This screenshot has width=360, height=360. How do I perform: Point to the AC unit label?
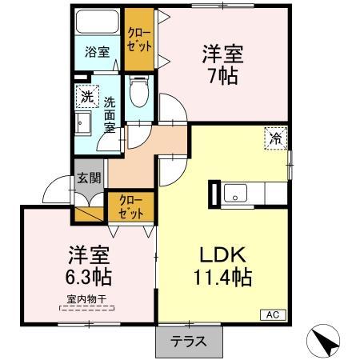(x=271, y=316)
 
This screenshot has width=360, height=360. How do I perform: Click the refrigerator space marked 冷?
(x=274, y=138)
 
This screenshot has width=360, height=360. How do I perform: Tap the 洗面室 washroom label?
(x=109, y=114)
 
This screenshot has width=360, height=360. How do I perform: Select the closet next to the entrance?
(x=130, y=206)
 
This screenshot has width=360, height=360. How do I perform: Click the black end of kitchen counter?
(x=214, y=194)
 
